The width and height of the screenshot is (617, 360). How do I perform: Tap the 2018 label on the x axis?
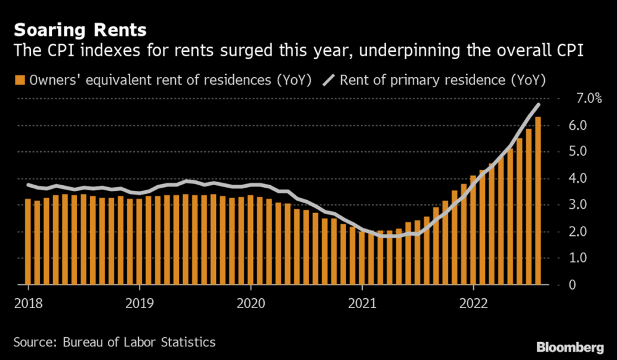[28, 303]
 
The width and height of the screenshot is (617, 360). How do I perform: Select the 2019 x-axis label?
[139, 303]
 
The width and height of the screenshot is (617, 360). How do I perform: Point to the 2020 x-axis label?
[251, 303]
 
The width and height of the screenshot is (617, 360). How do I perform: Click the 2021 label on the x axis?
[362, 303]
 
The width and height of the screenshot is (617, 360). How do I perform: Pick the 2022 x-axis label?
[473, 303]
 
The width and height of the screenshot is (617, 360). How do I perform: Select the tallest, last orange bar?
[538, 201]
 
